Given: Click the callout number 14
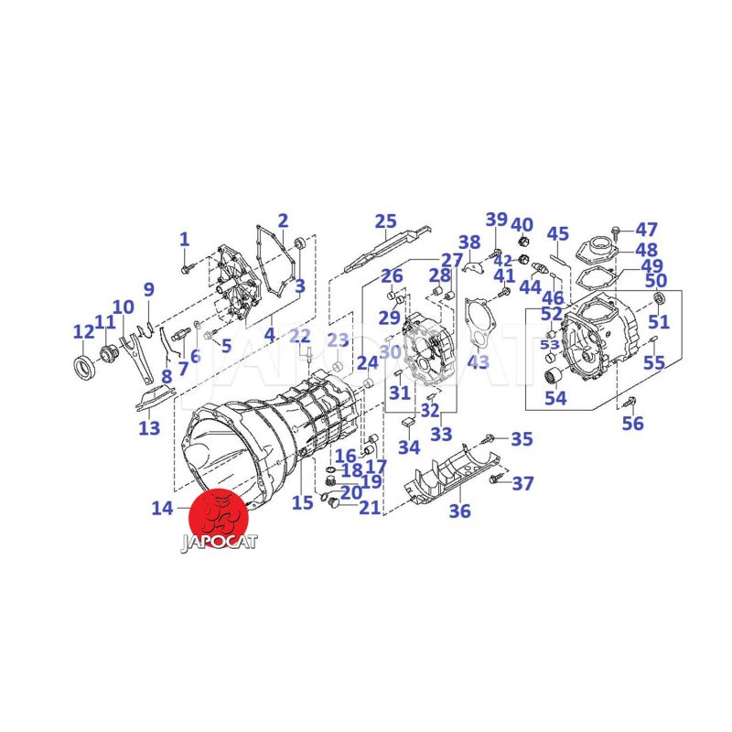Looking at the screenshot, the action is click(x=163, y=509).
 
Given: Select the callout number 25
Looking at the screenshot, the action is click(x=385, y=221).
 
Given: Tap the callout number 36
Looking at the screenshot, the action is click(x=460, y=511).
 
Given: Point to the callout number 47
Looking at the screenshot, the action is click(x=646, y=230).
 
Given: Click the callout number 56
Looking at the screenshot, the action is click(x=632, y=424).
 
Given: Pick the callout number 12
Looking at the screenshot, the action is click(x=84, y=332).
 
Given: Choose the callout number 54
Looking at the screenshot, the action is click(x=555, y=398).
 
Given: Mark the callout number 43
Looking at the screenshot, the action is click(x=478, y=361).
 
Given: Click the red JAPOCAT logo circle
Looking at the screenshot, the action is click(x=217, y=517).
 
